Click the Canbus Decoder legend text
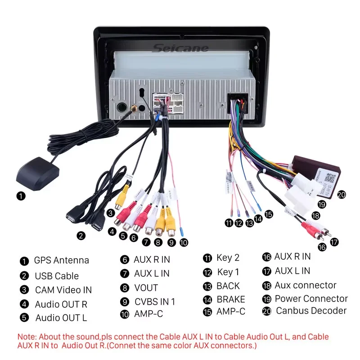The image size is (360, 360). tap(311, 310)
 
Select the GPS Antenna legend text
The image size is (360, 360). tap(61, 261)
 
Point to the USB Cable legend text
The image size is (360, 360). tap(57, 276)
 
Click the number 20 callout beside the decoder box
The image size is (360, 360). tap(342, 194)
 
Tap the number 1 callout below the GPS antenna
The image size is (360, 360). tap(21, 196)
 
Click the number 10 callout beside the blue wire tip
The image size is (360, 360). tap(183, 242)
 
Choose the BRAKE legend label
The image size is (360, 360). tap(231, 299)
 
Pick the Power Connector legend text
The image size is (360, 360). tap(311, 299)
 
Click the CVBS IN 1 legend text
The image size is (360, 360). tap(155, 301)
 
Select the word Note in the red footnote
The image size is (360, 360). tap(27, 337)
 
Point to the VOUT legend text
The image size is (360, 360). tap(146, 288)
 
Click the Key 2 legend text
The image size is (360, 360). tap(228, 258)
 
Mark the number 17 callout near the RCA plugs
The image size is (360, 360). tap(334, 242)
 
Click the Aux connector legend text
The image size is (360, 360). tap(306, 285)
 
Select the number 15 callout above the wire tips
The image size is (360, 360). tap(269, 214)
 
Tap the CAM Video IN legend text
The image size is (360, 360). tap(63, 290)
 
